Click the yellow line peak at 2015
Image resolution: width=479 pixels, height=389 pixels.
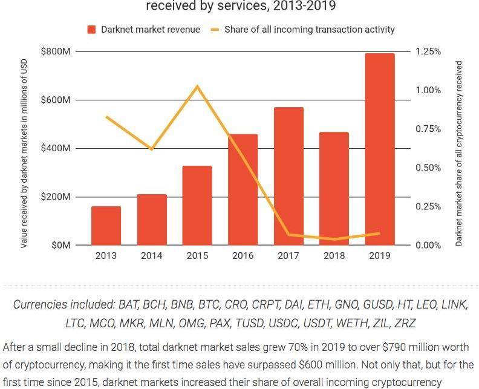(x=197, y=87)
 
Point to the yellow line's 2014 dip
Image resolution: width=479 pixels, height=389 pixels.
(x=152, y=149)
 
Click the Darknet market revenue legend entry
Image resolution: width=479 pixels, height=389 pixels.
(x=143, y=29)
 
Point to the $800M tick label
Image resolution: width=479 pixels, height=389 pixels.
(x=56, y=51)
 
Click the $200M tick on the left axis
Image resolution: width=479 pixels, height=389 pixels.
(x=56, y=197)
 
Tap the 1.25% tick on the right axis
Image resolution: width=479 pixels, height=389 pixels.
(x=429, y=51)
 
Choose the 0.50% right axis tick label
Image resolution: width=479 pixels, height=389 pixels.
(x=429, y=168)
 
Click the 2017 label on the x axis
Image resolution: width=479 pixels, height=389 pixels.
(x=288, y=256)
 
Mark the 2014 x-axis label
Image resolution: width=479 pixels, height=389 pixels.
(x=152, y=256)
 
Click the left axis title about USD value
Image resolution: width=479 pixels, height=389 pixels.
(x=24, y=149)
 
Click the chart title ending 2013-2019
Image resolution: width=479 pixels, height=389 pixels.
(x=239, y=7)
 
